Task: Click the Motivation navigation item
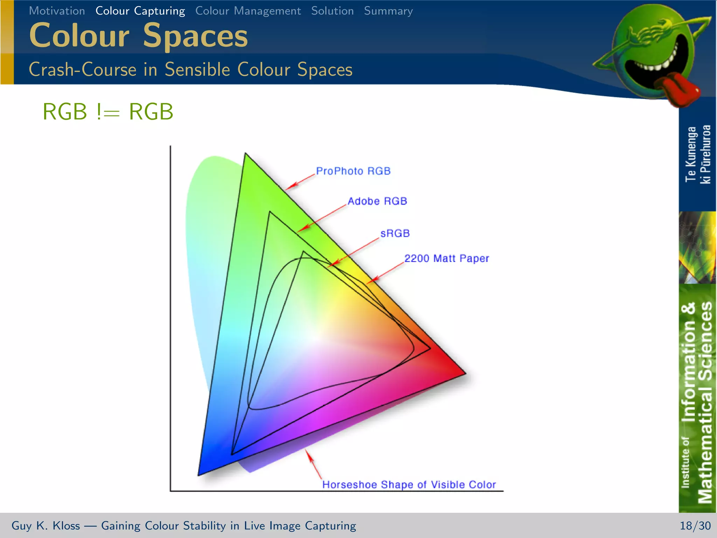(x=57, y=11)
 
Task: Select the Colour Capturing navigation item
(x=140, y=11)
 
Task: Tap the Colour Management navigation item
(x=248, y=11)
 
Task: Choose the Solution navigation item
(x=332, y=11)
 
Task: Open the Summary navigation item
(x=388, y=11)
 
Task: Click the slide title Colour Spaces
(x=138, y=35)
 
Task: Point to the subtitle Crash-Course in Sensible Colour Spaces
(x=190, y=69)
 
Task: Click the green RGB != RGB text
(x=108, y=112)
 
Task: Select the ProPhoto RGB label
(x=353, y=171)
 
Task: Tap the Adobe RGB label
(x=377, y=201)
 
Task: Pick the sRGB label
(x=395, y=233)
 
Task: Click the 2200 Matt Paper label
(x=446, y=258)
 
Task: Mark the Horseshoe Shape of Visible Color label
(x=409, y=485)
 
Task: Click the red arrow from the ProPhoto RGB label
(x=300, y=181)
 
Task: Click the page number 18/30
(x=695, y=526)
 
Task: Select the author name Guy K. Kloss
(x=46, y=526)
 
